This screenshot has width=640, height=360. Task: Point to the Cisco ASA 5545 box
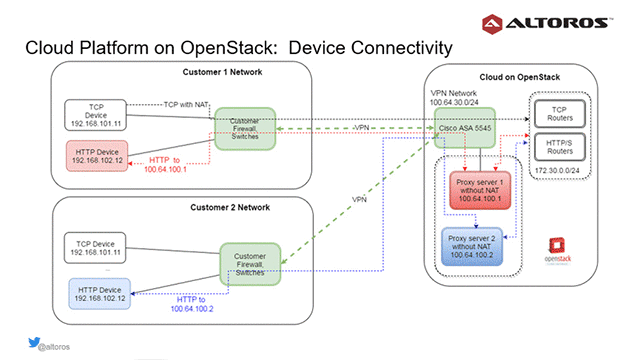click(x=466, y=128)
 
